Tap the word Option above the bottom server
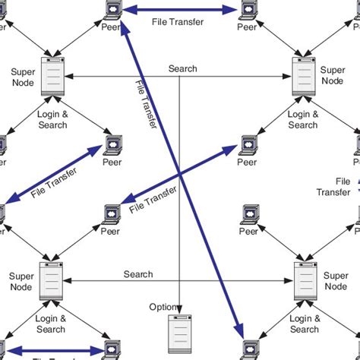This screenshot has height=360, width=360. pos(163,307)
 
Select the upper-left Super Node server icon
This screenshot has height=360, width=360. pos(52,76)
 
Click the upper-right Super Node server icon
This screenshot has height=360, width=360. pos(305,76)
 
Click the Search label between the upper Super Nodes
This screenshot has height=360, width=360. pos(182,69)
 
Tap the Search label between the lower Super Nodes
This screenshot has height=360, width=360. pos(137,274)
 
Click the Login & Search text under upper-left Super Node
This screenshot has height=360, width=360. pos(51,118)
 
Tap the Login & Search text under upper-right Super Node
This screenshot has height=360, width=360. pos(303,119)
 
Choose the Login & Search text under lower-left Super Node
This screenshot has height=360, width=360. pos(51,324)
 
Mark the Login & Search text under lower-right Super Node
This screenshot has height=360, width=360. pos(304,324)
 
